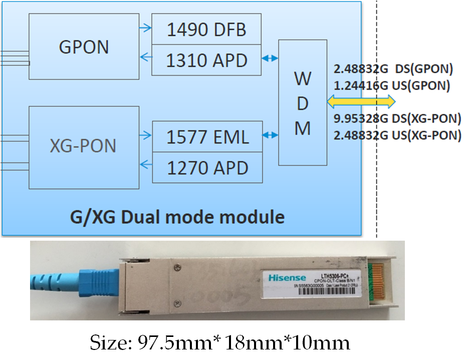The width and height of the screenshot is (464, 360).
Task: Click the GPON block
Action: (84, 46)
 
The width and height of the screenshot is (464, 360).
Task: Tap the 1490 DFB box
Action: (206, 30)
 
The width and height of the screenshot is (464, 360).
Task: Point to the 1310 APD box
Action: (206, 60)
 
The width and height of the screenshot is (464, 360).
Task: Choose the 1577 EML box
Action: (207, 136)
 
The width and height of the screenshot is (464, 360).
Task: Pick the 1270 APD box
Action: (207, 167)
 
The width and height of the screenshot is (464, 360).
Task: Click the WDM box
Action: (302, 102)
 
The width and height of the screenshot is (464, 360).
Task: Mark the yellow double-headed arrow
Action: (361, 102)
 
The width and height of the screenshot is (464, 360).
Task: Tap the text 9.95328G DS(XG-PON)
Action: (397, 119)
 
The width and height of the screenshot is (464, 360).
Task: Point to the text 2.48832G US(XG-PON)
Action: (397, 135)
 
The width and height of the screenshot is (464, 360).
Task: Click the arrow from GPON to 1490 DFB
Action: (145, 28)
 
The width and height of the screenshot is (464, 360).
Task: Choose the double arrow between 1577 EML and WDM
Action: (271, 135)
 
